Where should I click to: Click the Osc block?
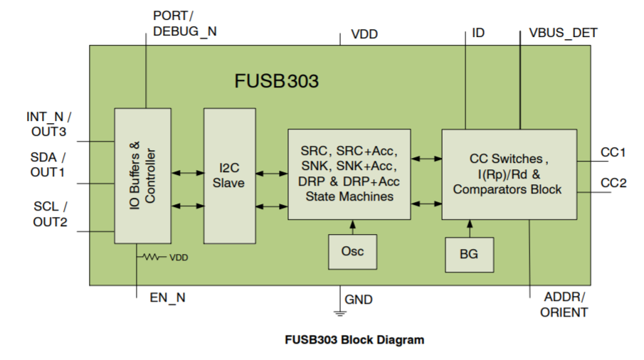tap(352, 251)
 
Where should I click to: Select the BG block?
tap(469, 254)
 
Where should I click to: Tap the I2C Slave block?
tap(229, 176)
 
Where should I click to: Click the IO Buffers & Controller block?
tap(143, 176)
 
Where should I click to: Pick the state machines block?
tap(349, 174)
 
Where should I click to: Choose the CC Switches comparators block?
tap(509, 174)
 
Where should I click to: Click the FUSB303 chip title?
tap(277, 81)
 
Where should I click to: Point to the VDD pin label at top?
tap(364, 34)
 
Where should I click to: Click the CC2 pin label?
tap(613, 183)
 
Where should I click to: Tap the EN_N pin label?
tap(167, 298)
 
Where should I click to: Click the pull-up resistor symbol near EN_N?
tap(152, 258)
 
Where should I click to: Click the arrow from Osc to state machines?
tap(352, 227)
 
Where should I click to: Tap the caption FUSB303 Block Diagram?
tap(354, 339)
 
